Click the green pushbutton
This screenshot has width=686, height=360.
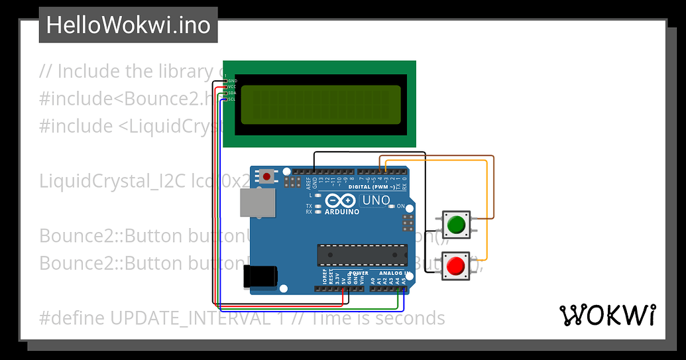[x=455, y=225]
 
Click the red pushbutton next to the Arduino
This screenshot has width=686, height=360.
[x=455, y=267]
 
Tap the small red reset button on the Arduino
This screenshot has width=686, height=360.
[x=267, y=176]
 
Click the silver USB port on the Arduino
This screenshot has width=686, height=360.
[x=257, y=203]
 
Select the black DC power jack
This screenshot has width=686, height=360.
[x=259, y=276]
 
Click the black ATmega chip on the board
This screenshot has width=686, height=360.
[x=361, y=254]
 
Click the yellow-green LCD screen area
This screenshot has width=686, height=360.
[x=320, y=105]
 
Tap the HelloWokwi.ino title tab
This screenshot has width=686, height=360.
[x=129, y=25]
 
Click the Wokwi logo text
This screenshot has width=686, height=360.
[x=608, y=316]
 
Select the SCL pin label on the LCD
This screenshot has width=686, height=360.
[x=232, y=99]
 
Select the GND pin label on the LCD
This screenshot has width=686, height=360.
[x=232, y=80]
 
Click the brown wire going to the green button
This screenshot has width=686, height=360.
[x=493, y=186]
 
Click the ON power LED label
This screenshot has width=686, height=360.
[x=400, y=207]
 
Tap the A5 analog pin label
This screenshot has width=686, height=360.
[x=403, y=281]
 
